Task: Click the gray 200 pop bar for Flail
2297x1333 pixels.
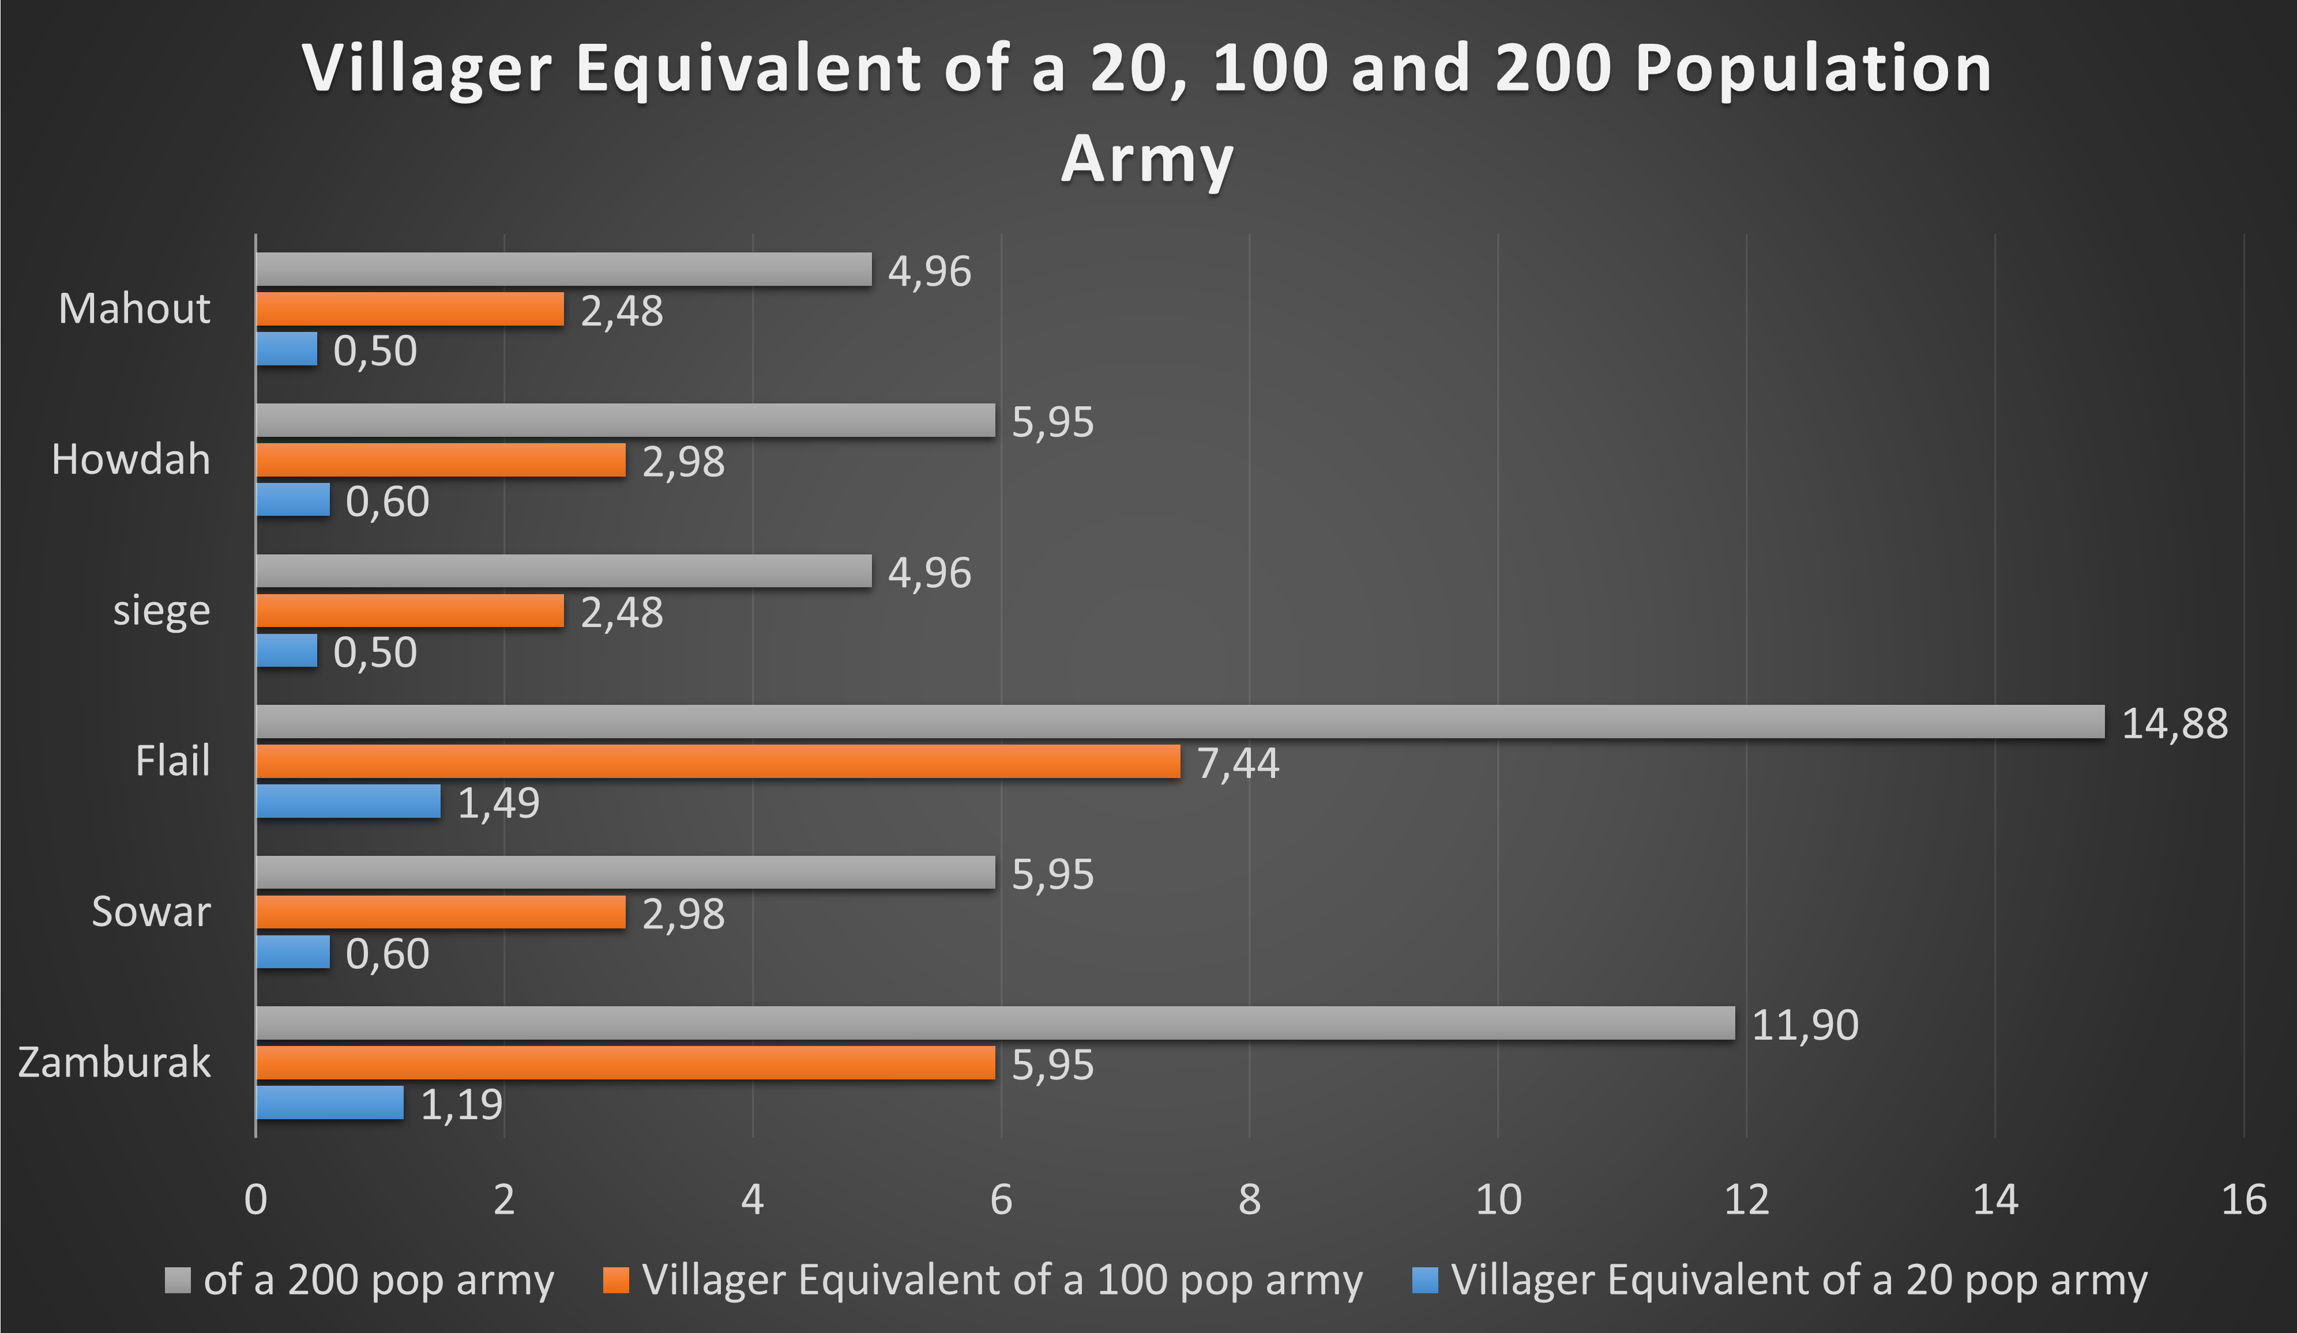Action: pyautogui.click(x=1181, y=722)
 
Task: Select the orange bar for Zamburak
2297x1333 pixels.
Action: pyautogui.click(x=625, y=1062)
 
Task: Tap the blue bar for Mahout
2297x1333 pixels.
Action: pyautogui.click(x=286, y=349)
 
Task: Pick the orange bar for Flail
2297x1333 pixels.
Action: pyautogui.click(x=718, y=762)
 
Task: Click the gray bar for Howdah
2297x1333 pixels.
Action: pyautogui.click(x=625, y=420)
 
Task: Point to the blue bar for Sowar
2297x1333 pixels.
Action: pyautogui.click(x=292, y=952)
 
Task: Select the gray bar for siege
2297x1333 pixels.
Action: pyautogui.click(x=563, y=571)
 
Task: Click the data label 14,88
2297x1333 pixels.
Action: pyautogui.click(x=2174, y=723)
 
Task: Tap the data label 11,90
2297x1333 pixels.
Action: pyautogui.click(x=1805, y=1025)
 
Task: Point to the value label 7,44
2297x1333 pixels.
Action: pyautogui.click(x=1238, y=764)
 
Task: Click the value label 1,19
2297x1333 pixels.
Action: pyautogui.click(x=461, y=1104)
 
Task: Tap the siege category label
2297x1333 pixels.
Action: pyautogui.click(x=161, y=610)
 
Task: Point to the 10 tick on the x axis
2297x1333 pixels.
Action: pyautogui.click(x=1498, y=1200)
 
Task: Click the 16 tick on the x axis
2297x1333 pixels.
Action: pyautogui.click(x=2243, y=1200)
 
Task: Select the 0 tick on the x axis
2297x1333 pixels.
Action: pyautogui.click(x=256, y=1200)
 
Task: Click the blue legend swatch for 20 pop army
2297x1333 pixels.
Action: pyautogui.click(x=1424, y=1280)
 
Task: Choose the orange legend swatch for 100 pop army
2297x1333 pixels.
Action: pyautogui.click(x=616, y=1280)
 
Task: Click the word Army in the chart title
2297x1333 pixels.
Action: pyautogui.click(x=1148, y=160)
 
